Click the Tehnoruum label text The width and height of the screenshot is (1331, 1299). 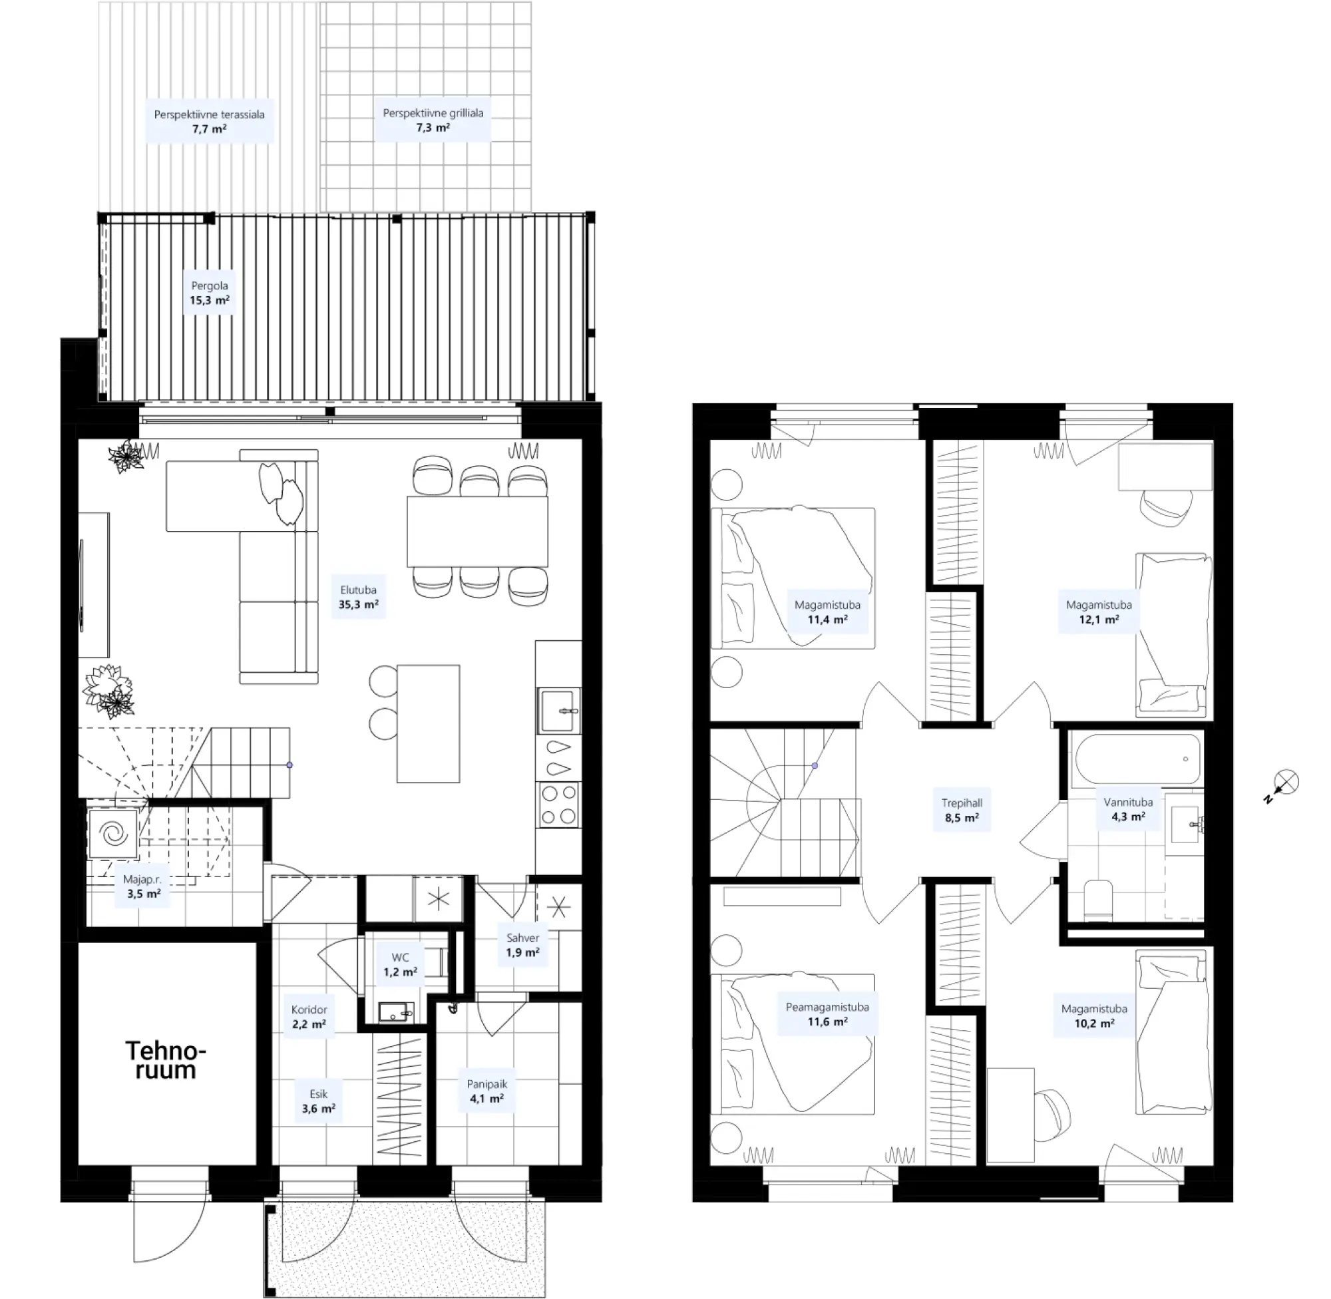166,1060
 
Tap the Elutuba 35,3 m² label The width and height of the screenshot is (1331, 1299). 358,597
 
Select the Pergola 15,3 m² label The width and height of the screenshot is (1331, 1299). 210,293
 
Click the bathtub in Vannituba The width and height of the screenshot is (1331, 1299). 1137,759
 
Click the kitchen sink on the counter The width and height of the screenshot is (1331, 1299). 559,710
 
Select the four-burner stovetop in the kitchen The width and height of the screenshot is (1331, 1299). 559,805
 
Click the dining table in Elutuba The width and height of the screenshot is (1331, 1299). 478,532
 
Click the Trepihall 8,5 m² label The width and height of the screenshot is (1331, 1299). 962,810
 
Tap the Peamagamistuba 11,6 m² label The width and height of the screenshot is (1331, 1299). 827,1014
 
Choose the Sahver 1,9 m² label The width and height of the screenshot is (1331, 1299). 522,945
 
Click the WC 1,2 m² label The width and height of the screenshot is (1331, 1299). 400,965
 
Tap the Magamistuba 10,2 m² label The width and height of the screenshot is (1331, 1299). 1094,1016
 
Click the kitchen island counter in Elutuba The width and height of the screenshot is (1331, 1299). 429,723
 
